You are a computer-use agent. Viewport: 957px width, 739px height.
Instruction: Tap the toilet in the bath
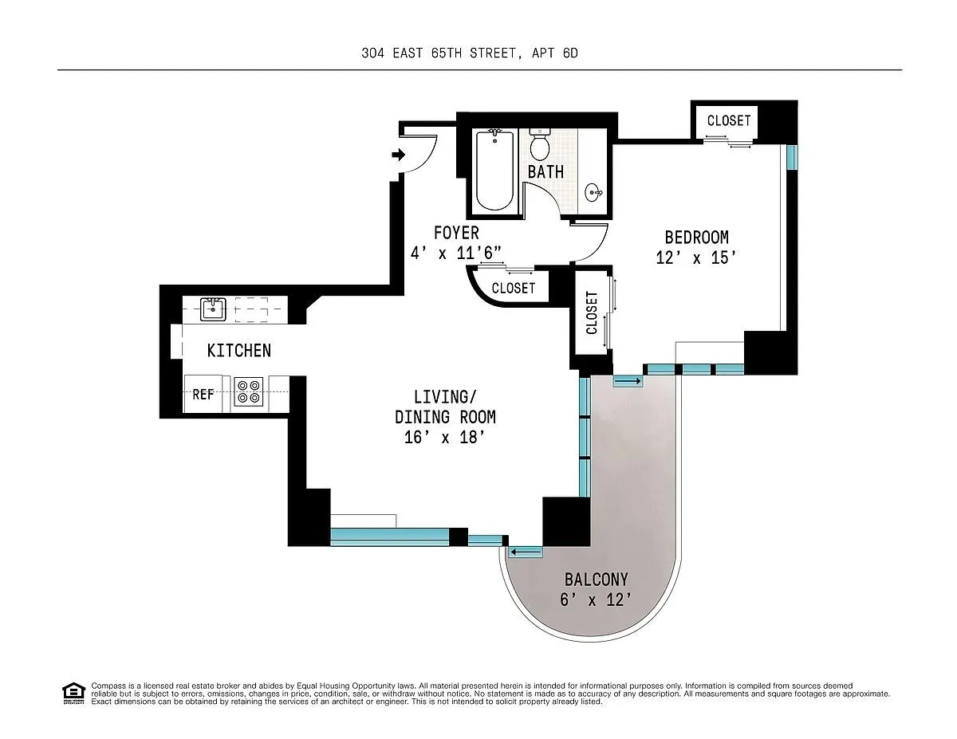540,145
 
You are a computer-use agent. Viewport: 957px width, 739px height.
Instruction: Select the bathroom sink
593,191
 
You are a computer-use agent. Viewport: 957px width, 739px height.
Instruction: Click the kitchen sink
212,309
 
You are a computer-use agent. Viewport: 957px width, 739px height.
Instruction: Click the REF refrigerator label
203,394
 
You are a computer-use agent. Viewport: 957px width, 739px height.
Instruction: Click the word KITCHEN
238,351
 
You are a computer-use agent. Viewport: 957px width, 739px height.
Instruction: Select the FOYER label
456,233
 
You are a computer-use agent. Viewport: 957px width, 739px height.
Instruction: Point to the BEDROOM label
696,238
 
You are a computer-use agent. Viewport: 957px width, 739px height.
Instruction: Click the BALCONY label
596,580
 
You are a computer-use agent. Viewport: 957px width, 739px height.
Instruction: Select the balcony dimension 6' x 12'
596,600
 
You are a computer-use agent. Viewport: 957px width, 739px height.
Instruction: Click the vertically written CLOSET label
592,313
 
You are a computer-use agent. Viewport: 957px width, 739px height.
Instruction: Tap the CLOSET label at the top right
728,120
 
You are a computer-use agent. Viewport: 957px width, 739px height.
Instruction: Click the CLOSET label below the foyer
513,288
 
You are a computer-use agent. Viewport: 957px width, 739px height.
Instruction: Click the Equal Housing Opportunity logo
73,693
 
